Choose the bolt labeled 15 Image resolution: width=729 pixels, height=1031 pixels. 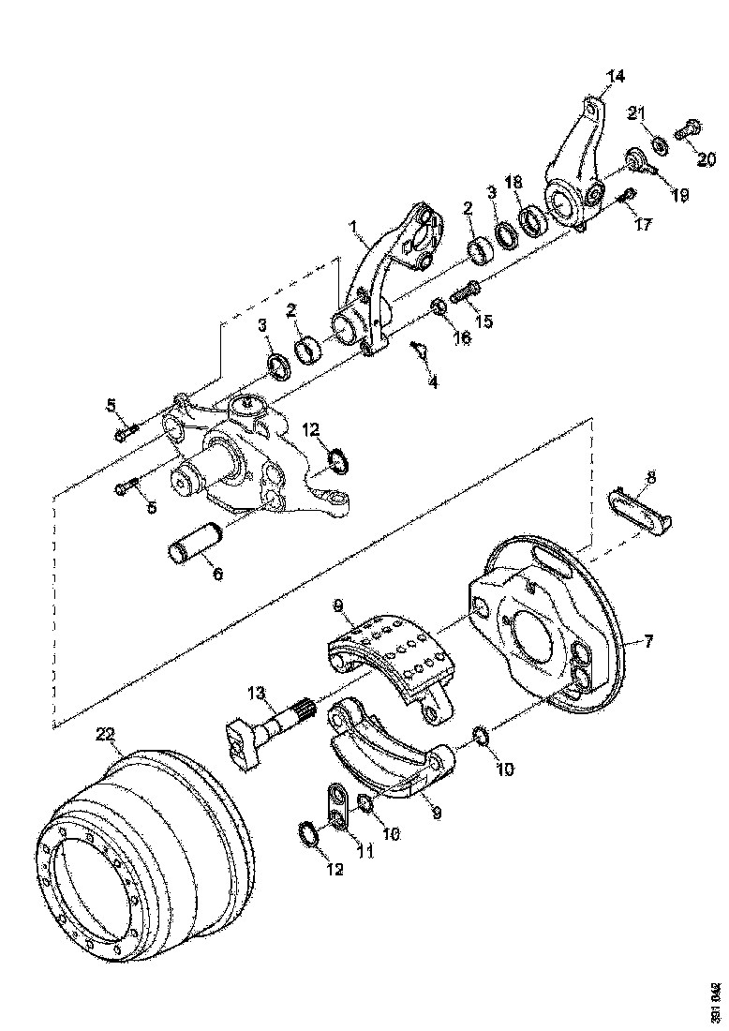tap(467, 292)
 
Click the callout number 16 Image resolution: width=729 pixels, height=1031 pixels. tap(463, 338)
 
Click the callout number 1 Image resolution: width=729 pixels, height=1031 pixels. tap(354, 227)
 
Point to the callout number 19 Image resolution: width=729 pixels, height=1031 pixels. tap(678, 196)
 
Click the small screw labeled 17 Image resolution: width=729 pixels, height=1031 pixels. tap(626, 196)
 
